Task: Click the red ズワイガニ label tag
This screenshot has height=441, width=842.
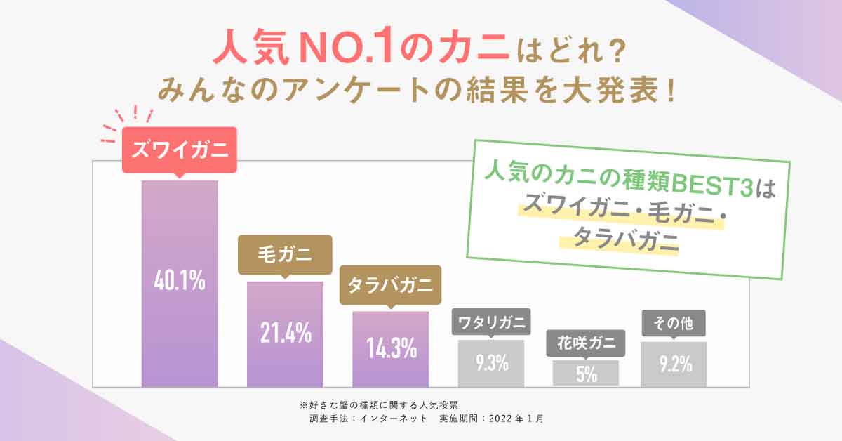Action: point(180,150)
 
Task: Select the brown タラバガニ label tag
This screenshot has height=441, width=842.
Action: point(390,285)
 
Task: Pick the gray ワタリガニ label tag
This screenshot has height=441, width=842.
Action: point(491,323)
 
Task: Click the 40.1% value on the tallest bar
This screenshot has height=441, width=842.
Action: point(180,281)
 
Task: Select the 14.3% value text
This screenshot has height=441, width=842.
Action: point(391,348)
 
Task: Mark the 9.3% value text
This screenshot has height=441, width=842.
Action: point(491,364)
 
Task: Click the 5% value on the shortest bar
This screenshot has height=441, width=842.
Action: point(586,374)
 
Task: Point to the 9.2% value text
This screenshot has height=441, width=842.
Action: point(674,364)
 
